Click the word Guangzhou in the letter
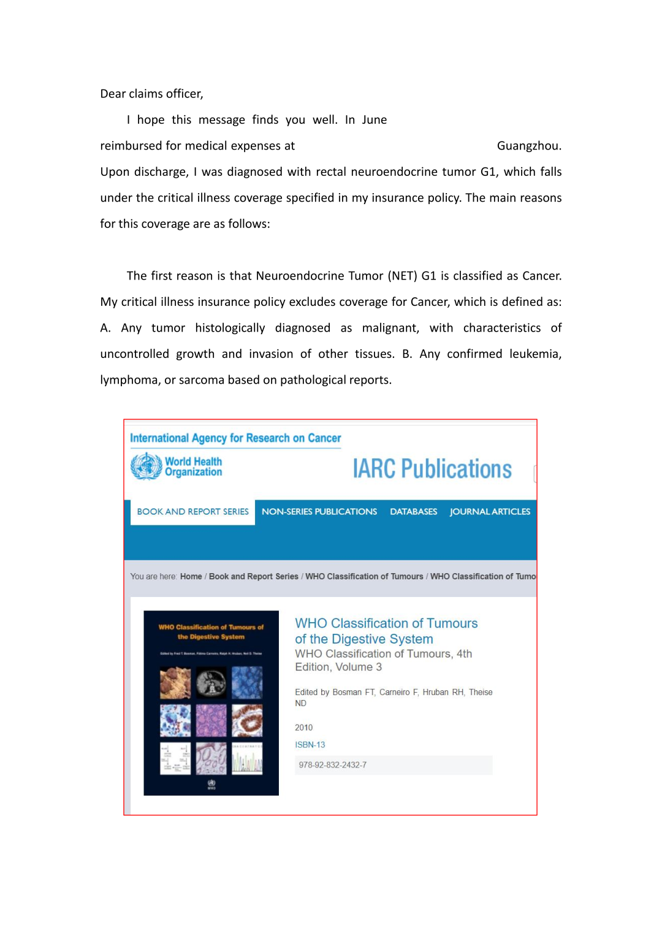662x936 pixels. click(x=528, y=146)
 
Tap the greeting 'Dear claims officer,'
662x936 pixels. click(x=151, y=94)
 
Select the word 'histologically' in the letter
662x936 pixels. click(x=230, y=328)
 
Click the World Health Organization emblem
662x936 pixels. click(x=146, y=466)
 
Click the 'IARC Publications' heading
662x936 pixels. click(x=432, y=469)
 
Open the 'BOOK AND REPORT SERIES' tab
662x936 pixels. click(x=192, y=512)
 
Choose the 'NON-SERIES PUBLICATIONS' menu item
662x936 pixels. click(x=319, y=512)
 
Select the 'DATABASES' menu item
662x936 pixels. click(x=414, y=512)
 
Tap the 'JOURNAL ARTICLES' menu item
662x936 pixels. click(x=490, y=512)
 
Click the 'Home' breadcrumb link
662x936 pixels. click(x=191, y=577)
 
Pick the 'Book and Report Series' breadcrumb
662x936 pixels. click(x=253, y=577)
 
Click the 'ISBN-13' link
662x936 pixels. click(x=310, y=745)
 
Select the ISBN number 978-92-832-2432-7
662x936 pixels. click(x=333, y=765)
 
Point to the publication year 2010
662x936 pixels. click(x=304, y=728)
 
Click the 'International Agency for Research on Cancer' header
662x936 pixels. click(x=235, y=438)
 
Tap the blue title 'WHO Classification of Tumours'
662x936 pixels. click(x=386, y=623)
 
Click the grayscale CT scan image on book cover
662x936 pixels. click(x=211, y=682)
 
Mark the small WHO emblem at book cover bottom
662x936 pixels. click(x=211, y=784)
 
